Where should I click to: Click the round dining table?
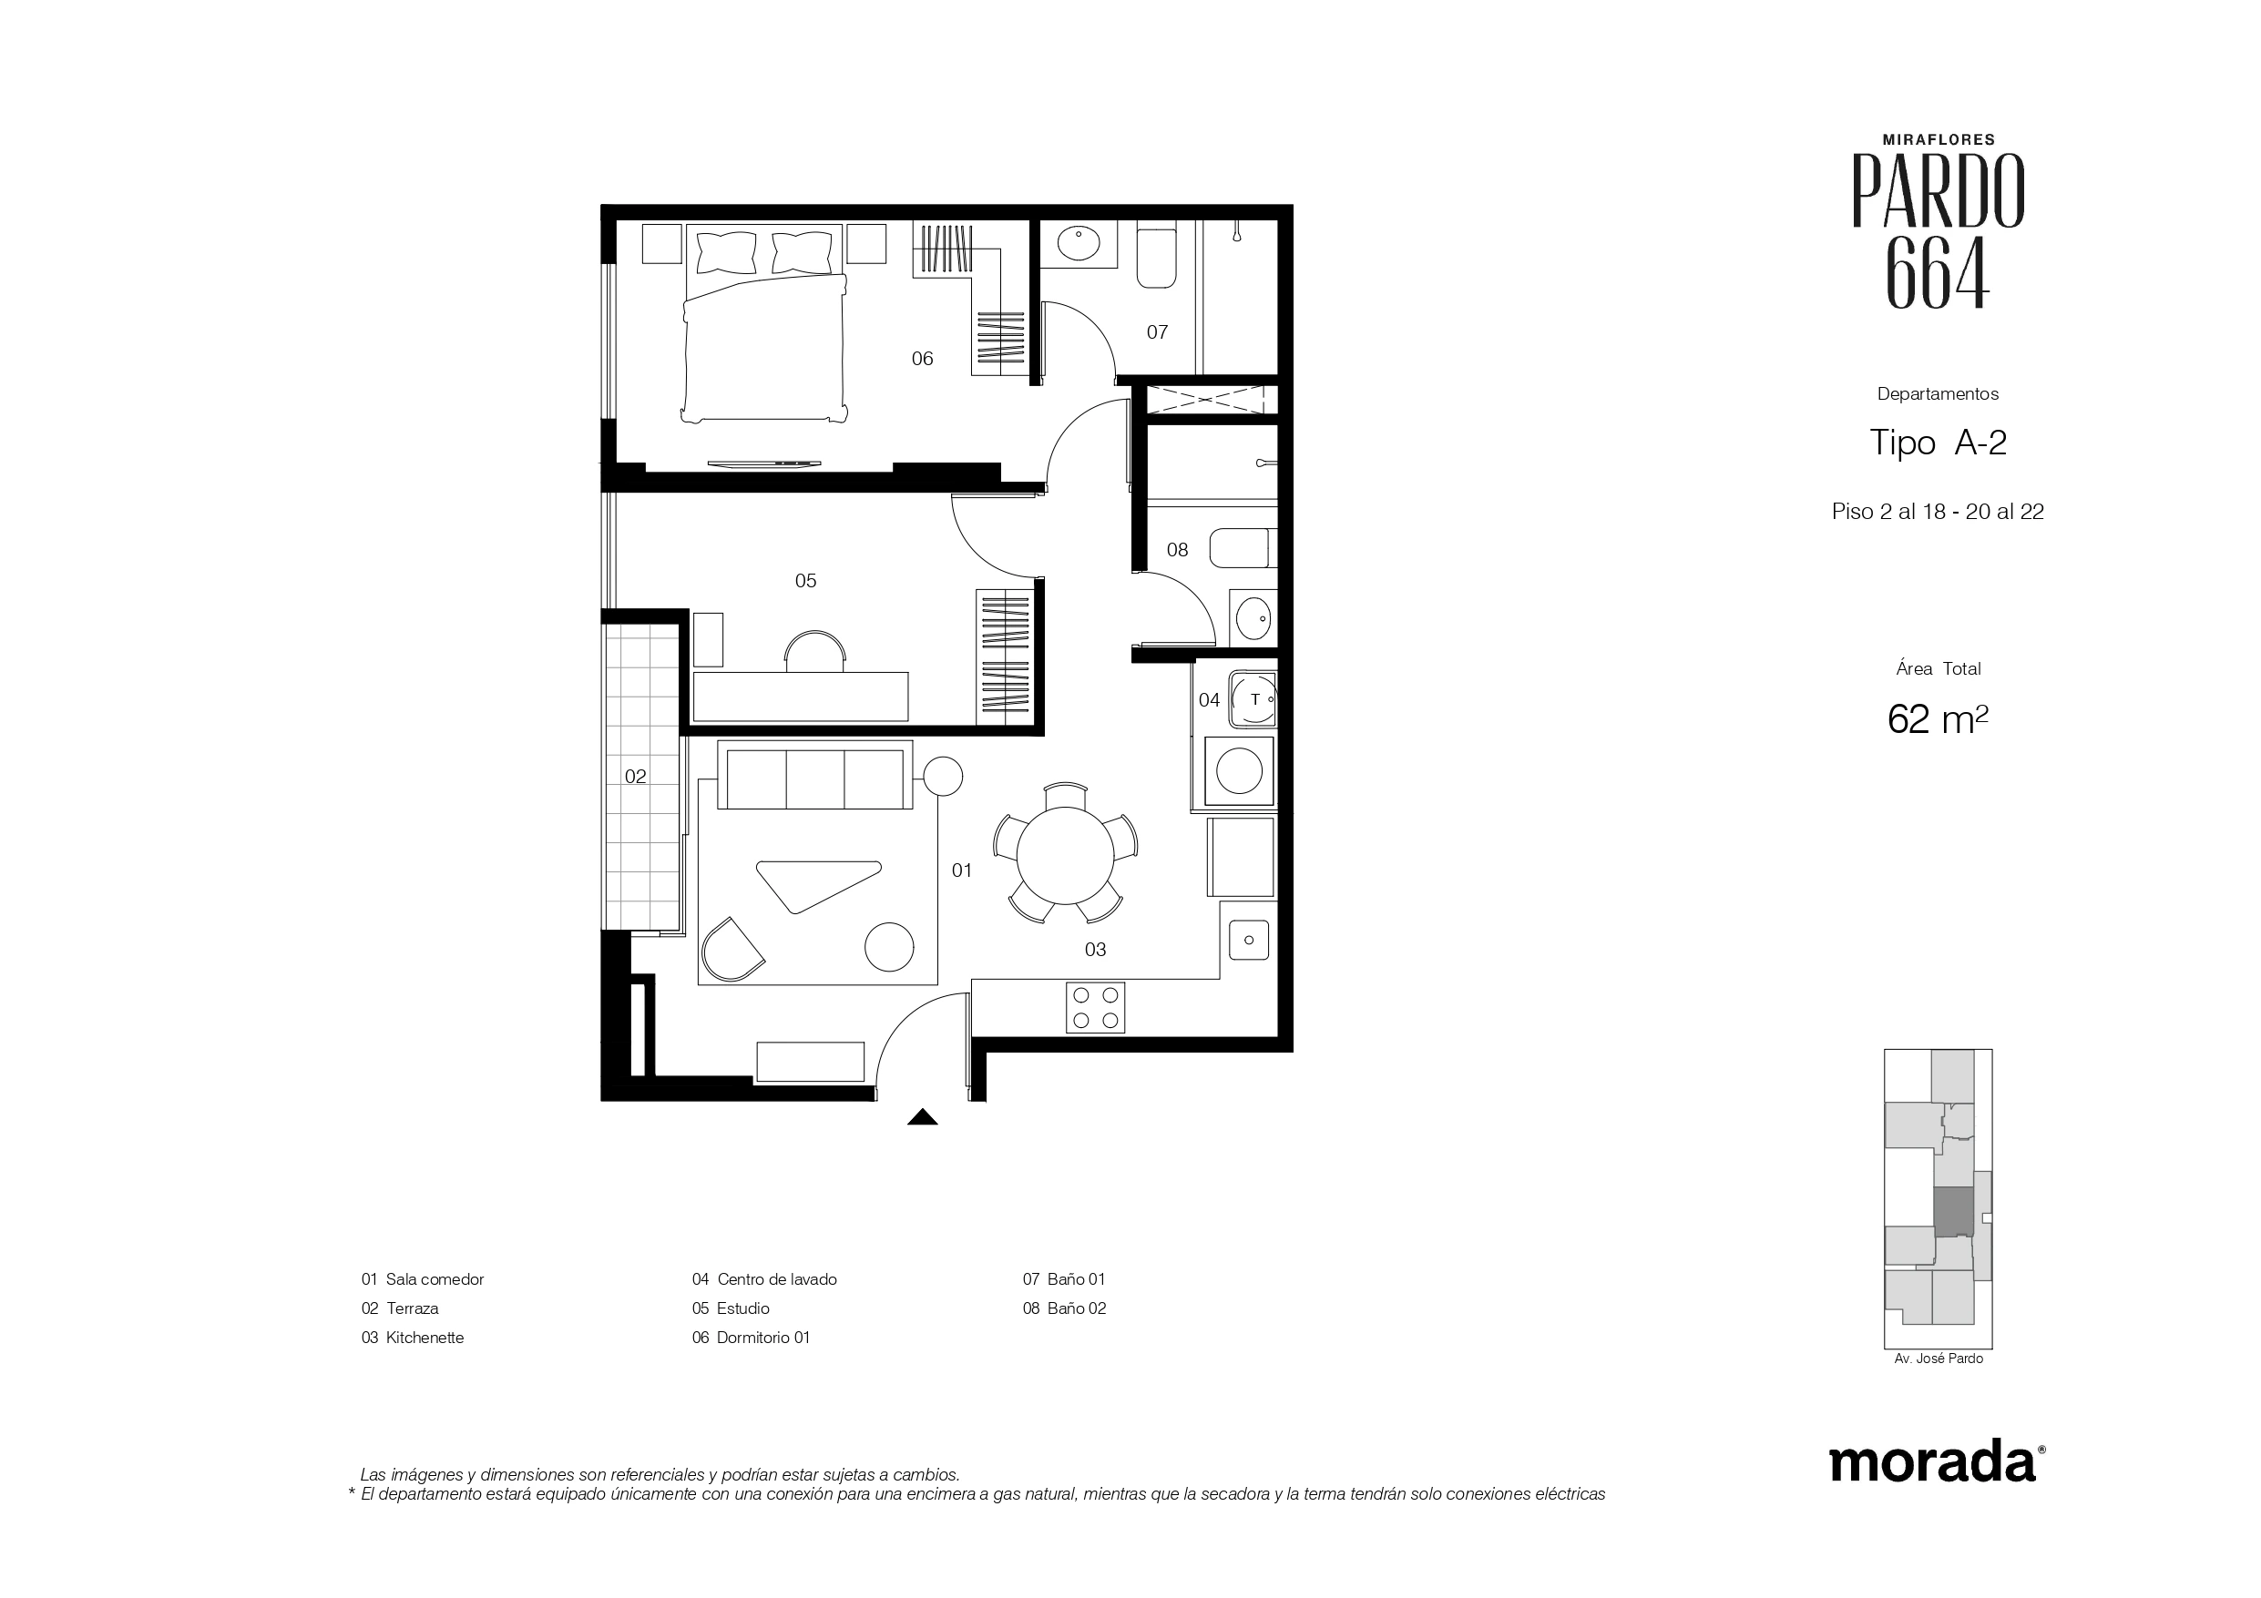[1065, 855]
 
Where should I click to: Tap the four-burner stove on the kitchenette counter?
[1095, 1007]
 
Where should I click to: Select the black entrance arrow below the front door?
[922, 1116]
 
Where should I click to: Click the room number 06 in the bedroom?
[922, 359]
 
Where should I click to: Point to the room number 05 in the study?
[805, 581]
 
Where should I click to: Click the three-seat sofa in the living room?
[814, 775]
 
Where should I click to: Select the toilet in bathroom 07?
[1156, 258]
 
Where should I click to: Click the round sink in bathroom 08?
[1253, 618]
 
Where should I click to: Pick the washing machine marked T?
[1253, 700]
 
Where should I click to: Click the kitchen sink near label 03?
[1249, 941]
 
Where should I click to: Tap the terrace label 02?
[635, 776]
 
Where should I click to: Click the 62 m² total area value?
[1937, 718]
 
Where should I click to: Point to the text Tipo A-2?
[1937, 443]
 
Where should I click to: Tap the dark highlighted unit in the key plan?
[1954, 1212]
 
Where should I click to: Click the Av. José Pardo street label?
[1938, 1359]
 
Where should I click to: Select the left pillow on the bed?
[727, 253]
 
